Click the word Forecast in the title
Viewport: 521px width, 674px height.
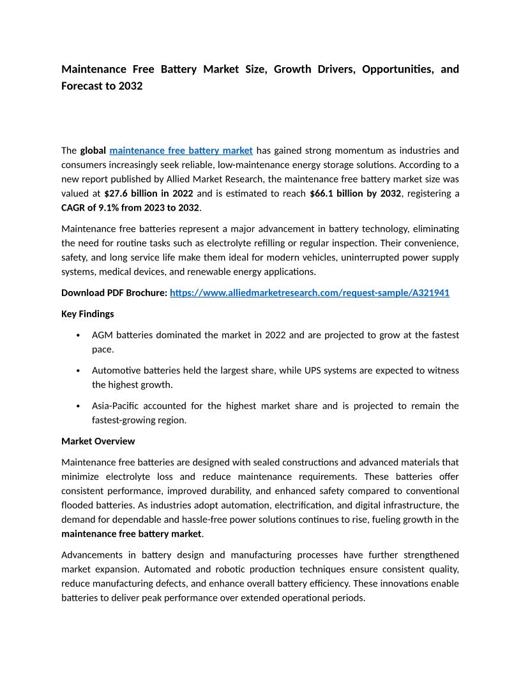click(82, 86)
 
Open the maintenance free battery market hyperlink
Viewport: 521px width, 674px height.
click(181, 151)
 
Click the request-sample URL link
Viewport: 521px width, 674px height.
click(310, 293)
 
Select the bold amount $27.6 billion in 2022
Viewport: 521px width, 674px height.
click(149, 193)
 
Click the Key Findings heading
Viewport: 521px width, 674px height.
click(87, 314)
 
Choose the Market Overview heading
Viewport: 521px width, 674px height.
click(98, 441)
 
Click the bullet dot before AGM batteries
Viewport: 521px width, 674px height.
click(78, 336)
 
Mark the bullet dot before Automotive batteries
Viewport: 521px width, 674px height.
click(78, 371)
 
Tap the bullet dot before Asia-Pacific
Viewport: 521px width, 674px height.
click(78, 407)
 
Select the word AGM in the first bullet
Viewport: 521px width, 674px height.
click(102, 335)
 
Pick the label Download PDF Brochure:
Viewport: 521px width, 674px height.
click(114, 293)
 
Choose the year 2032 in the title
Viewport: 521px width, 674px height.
click(130, 86)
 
